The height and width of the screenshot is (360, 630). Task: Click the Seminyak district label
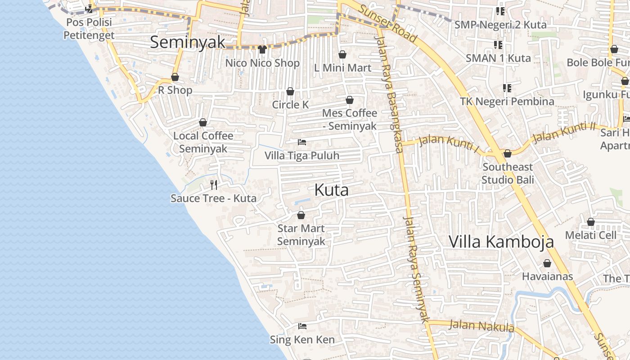tap(187, 42)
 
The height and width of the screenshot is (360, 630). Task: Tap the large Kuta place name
tap(332, 190)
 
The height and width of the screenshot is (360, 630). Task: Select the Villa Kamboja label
tap(501, 242)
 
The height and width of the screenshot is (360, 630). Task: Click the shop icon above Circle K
tap(290, 92)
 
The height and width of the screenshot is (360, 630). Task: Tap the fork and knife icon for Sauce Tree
tap(214, 184)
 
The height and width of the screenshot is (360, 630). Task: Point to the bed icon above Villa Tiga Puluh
tap(302, 142)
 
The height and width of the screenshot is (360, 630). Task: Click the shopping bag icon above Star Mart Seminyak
tap(301, 215)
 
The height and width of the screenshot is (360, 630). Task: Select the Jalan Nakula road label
tap(481, 325)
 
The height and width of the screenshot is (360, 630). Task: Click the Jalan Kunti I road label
tap(449, 143)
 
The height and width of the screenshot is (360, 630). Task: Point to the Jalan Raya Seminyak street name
tap(415, 269)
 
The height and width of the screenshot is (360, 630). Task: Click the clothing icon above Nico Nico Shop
tap(263, 49)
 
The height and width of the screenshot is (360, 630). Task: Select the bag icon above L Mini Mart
tap(342, 54)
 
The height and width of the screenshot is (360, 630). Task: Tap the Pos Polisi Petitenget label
tap(89, 28)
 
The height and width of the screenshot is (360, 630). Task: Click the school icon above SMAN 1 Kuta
tap(498, 45)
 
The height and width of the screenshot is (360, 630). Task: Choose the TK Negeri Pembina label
tap(507, 101)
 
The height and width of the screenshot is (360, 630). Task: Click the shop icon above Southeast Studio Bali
tap(508, 153)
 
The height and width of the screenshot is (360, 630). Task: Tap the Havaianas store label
tap(547, 276)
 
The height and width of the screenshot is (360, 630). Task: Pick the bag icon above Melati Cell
tap(591, 222)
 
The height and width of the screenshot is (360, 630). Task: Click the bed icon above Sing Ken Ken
tap(302, 326)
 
